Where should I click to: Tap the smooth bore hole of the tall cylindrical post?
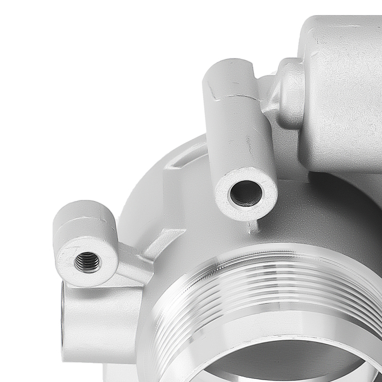click(x=246, y=193)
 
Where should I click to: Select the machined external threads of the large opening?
click(x=267, y=275)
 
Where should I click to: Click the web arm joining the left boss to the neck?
click(x=132, y=264)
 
